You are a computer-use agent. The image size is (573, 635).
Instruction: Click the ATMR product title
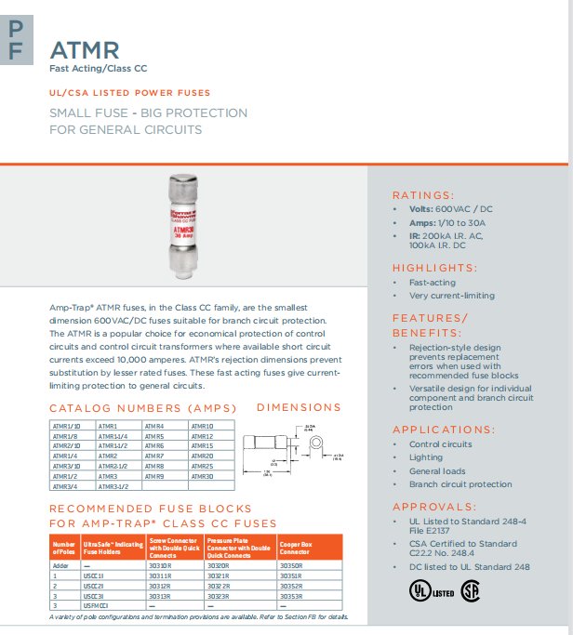[84, 48]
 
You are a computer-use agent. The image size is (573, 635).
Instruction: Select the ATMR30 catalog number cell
[203, 476]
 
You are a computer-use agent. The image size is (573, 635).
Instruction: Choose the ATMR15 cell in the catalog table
[203, 446]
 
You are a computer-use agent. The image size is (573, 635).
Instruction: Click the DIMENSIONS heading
[298, 407]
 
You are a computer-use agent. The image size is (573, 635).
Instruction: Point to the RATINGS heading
[423, 195]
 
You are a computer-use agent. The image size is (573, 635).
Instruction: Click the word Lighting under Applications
[426, 457]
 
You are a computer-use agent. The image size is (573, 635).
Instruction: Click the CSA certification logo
[471, 589]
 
